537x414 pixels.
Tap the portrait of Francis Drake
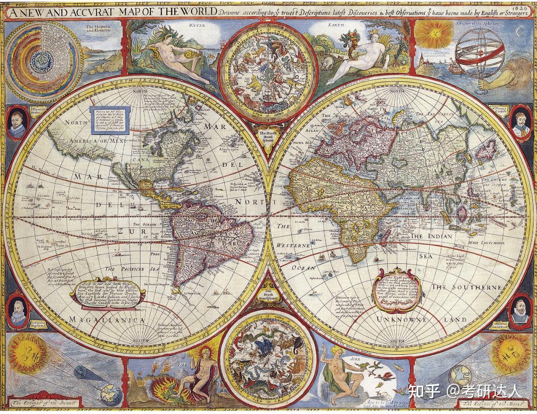coord(17,122)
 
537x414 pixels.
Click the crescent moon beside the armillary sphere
coord(519,32)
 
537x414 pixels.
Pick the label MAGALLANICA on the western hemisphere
coord(106,320)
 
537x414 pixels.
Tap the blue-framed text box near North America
coord(109,120)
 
